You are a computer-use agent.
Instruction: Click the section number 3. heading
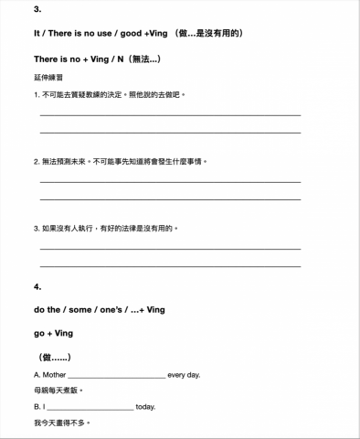[37, 9]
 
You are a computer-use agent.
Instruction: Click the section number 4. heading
[37, 287]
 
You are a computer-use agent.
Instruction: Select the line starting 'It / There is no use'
[137, 34]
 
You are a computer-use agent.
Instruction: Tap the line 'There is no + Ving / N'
[97, 59]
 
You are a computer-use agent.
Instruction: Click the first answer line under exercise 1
[170, 114]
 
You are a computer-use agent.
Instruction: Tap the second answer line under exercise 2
[170, 198]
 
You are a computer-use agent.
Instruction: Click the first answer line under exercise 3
[170, 248]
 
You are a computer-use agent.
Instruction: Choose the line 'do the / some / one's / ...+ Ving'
[99, 310]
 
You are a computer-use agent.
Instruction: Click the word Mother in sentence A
[53, 375]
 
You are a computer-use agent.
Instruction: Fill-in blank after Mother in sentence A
[116, 376]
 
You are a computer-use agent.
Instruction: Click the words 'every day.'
[185, 375]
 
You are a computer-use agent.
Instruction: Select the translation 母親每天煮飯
[58, 391]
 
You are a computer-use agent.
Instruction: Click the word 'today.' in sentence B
[145, 407]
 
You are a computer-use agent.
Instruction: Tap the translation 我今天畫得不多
[61, 423]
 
